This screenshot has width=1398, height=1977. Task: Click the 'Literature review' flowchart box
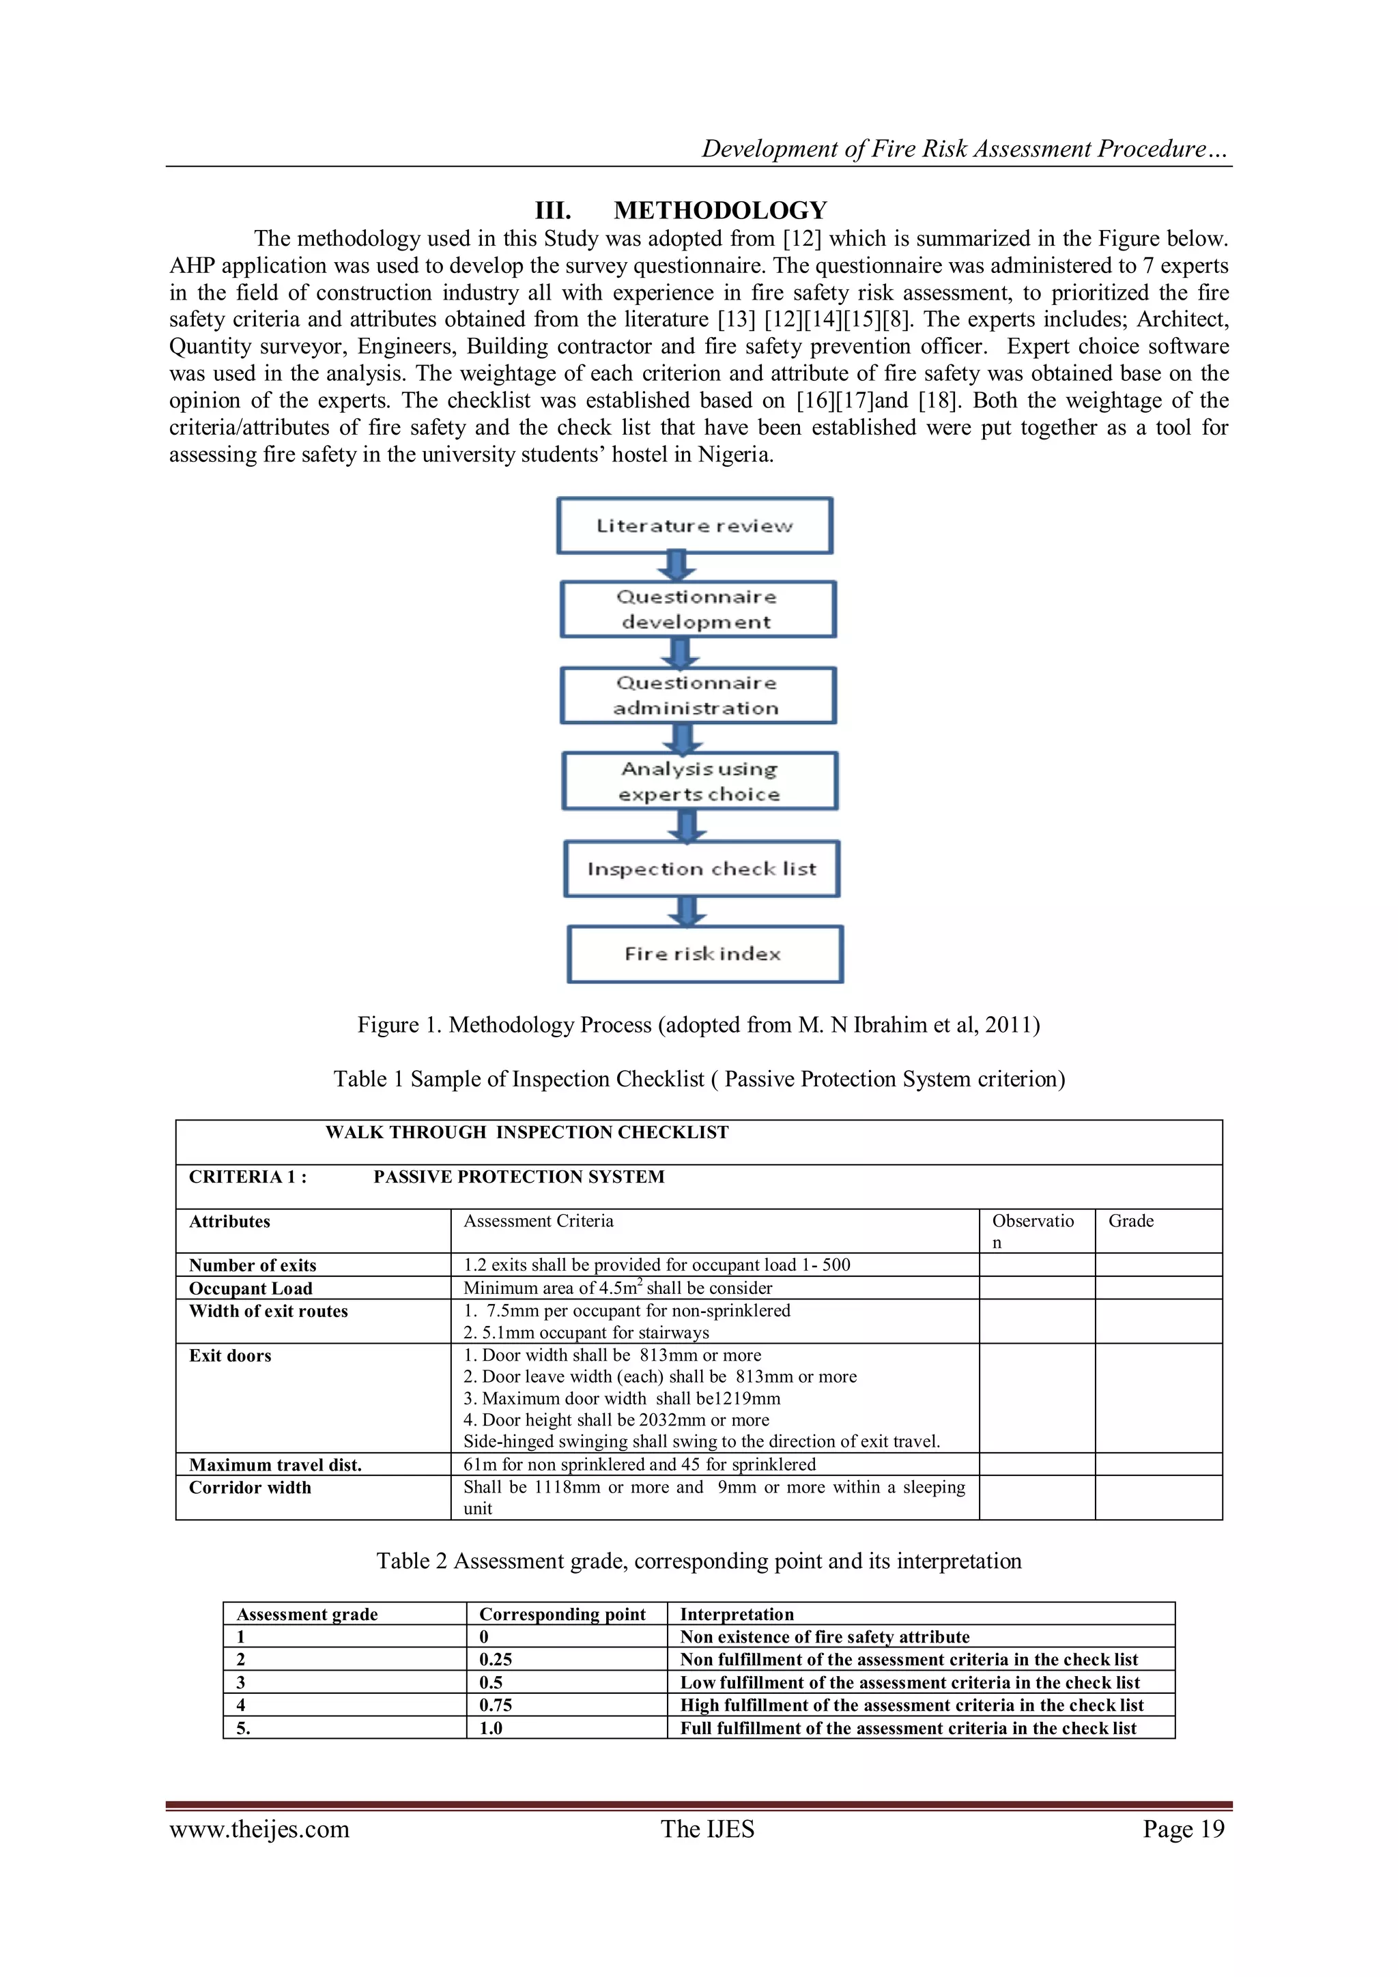tap(694, 525)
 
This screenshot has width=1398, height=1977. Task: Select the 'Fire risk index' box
tap(704, 954)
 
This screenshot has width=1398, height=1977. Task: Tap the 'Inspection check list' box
tap(701, 869)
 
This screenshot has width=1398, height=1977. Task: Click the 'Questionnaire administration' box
tap(698, 695)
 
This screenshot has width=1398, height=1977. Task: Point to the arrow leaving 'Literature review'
tap(677, 566)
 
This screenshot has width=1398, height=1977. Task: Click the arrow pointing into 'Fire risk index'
tap(687, 911)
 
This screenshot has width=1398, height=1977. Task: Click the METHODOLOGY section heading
tap(681, 210)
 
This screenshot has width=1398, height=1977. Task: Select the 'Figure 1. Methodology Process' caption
tap(698, 1024)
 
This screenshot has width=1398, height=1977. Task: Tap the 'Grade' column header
tap(1131, 1221)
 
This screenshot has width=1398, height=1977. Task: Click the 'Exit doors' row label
tap(230, 1355)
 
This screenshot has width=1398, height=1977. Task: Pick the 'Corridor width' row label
tap(250, 1487)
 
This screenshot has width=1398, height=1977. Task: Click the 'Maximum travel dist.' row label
tap(275, 1464)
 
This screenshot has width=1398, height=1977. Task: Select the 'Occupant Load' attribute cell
tap(251, 1288)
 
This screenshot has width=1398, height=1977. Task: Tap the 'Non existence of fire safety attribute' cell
tap(825, 1637)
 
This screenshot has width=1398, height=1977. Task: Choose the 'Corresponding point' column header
tap(562, 1615)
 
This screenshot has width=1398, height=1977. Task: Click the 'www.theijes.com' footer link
tap(259, 1830)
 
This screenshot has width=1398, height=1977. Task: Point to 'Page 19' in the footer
tap(1183, 1830)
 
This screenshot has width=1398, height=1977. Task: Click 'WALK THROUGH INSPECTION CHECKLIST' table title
tap(527, 1132)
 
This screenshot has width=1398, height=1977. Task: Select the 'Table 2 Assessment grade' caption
tap(698, 1561)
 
